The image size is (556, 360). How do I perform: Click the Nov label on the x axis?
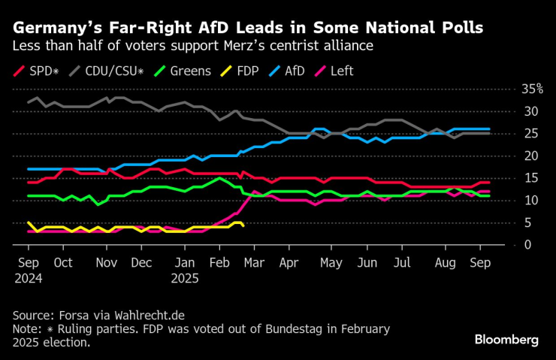(x=107, y=263)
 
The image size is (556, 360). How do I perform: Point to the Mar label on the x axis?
(x=255, y=263)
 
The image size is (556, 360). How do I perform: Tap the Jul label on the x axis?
(x=402, y=263)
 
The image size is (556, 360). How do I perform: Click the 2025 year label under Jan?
(x=186, y=278)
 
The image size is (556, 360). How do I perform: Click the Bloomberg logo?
(x=506, y=340)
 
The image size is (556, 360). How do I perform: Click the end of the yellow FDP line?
(x=242, y=225)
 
